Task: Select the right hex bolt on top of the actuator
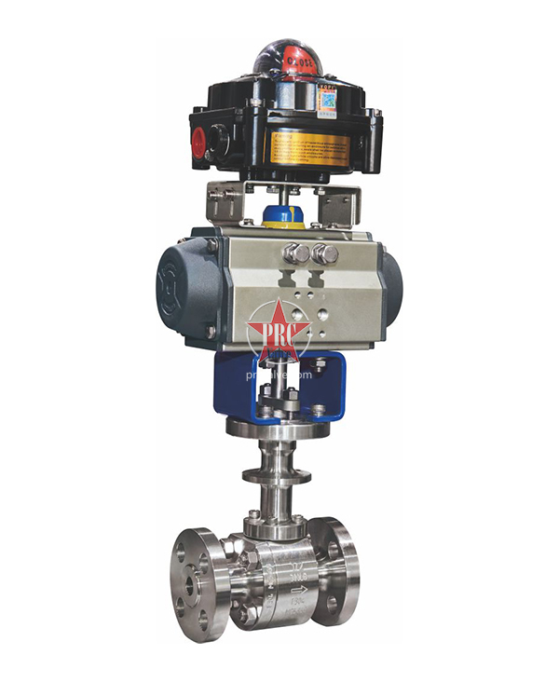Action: coord(326,253)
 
